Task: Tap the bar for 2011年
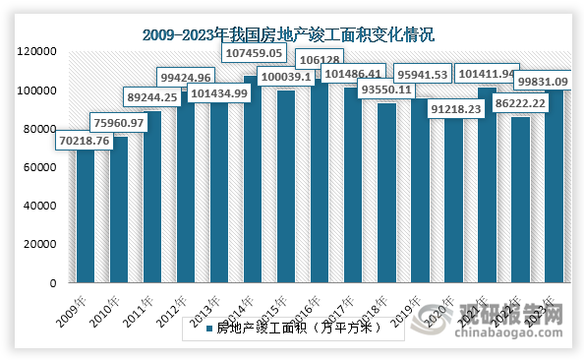tap(153, 197)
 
